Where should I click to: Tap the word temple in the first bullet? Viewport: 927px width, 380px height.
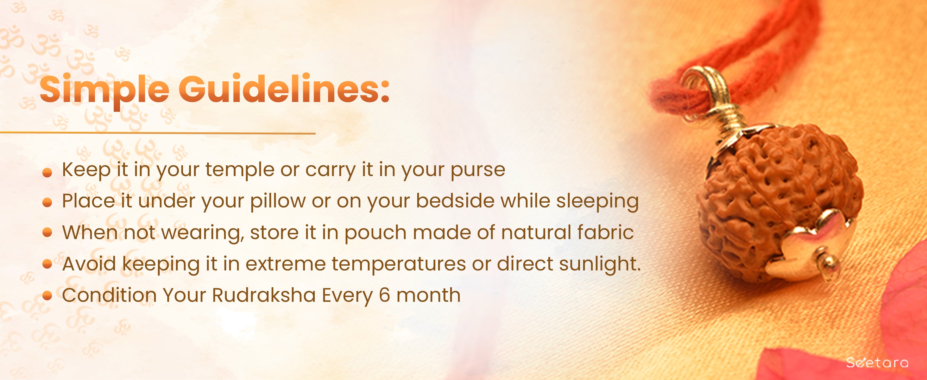pos(240,170)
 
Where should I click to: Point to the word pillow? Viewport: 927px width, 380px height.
pos(278,201)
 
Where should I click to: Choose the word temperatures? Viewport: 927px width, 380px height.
pos(399,264)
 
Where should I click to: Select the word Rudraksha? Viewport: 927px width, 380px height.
pos(264,295)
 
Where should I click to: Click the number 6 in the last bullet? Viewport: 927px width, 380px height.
pos(384,295)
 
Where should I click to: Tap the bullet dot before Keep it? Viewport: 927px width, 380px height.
pos(47,173)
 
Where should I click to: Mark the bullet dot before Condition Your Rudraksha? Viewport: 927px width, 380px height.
pos(47,296)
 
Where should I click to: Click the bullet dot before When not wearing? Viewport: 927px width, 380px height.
pos(47,232)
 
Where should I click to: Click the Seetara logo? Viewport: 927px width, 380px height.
pos(877,362)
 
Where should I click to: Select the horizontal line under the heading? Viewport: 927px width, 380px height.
pos(158,133)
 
